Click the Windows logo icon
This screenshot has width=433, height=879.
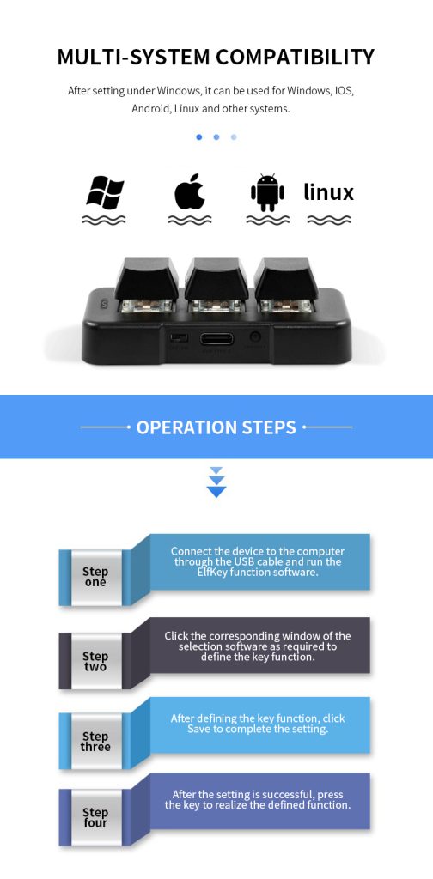click(105, 193)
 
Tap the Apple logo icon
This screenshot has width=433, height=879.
click(190, 192)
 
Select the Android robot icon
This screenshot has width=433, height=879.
click(267, 192)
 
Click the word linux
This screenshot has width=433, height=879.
click(328, 191)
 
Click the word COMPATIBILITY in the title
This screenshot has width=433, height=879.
click(295, 58)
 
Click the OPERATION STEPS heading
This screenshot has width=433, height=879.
click(216, 427)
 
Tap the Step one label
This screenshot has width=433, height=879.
click(95, 577)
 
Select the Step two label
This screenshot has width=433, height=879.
click(95, 661)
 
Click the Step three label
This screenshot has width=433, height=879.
click(95, 741)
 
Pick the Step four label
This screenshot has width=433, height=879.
click(95, 818)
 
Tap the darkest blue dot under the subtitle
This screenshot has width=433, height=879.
click(199, 136)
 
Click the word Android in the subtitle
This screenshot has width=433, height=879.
click(150, 109)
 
